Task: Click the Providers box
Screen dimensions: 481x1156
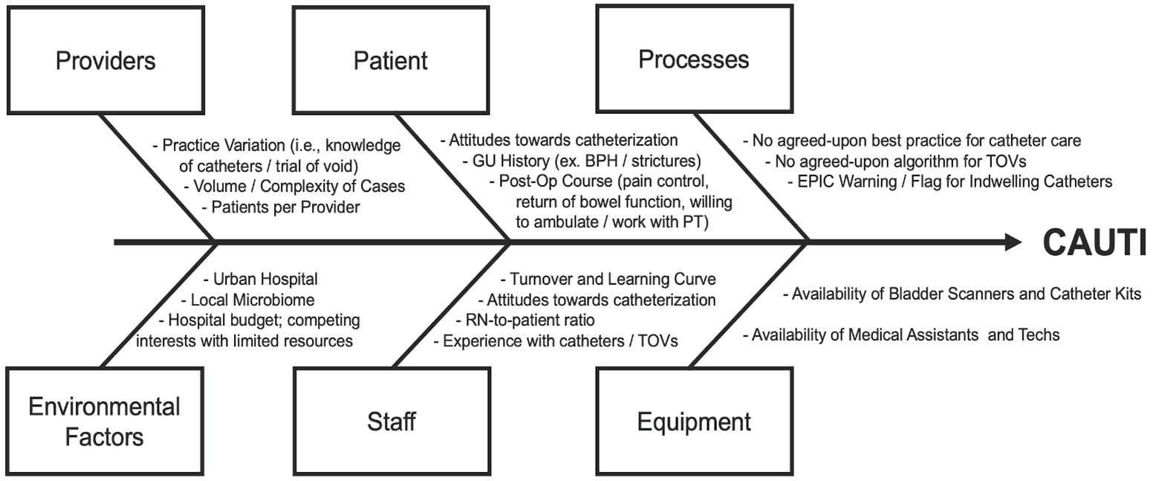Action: pyautogui.click(x=105, y=60)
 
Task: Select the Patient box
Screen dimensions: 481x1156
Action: pyautogui.click(x=390, y=60)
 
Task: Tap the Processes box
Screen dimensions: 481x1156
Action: pyautogui.click(x=693, y=59)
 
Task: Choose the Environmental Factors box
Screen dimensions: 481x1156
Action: pyautogui.click(x=105, y=421)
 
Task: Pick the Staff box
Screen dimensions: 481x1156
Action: pyautogui.click(x=391, y=422)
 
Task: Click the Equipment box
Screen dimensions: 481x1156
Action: pyautogui.click(x=694, y=422)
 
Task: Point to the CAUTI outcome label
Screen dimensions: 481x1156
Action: pyautogui.click(x=1094, y=243)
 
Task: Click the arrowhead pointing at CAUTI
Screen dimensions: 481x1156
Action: pyautogui.click(x=1013, y=242)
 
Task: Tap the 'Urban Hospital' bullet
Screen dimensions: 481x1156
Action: pyautogui.click(x=261, y=280)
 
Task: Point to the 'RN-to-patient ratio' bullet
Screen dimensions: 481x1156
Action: pyautogui.click(x=525, y=320)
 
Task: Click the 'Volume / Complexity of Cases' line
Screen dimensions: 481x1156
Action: pyautogui.click(x=294, y=186)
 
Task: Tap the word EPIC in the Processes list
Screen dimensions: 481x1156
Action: pyautogui.click(x=818, y=181)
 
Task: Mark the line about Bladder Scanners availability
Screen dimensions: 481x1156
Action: pyautogui.click(x=962, y=294)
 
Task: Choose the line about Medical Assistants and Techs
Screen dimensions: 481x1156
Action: pyautogui.click(x=901, y=335)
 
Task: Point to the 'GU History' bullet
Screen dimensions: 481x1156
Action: pyautogui.click(x=587, y=160)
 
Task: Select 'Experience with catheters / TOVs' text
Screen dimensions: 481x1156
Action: pyautogui.click(x=556, y=340)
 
